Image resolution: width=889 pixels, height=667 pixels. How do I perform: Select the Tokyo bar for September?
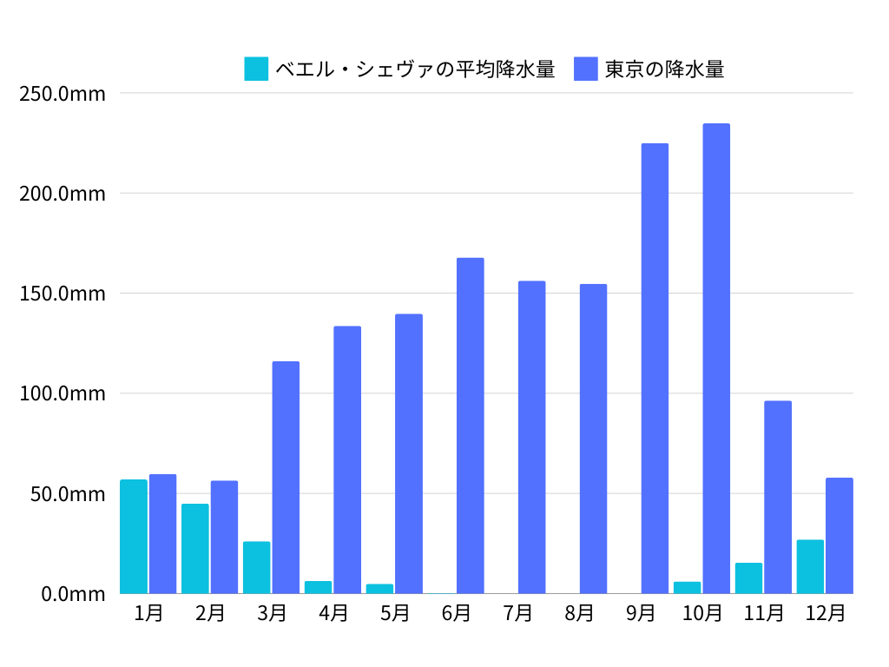(x=655, y=368)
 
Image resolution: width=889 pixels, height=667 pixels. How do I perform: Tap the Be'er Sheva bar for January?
(x=134, y=537)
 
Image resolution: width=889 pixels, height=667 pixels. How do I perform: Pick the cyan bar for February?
(x=195, y=549)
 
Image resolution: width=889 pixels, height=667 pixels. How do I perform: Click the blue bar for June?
(x=470, y=426)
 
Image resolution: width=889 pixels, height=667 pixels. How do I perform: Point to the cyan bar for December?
(x=810, y=566)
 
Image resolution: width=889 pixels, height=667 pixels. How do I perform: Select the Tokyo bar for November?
(x=778, y=497)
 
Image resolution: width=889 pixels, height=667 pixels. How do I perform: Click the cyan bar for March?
(x=257, y=567)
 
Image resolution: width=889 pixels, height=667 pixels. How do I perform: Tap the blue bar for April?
(x=347, y=459)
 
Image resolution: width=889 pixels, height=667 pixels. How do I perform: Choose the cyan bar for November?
(x=748, y=578)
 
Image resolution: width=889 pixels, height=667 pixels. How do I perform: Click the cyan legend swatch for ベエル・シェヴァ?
(x=257, y=69)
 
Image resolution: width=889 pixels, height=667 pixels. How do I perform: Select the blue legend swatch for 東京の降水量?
(x=586, y=69)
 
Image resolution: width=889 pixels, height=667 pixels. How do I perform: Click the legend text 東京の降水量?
(x=664, y=69)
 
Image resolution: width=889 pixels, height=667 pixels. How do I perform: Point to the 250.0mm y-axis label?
(x=62, y=93)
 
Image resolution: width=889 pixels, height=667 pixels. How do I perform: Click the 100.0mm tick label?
(x=62, y=393)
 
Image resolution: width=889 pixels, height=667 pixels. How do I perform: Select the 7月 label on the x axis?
(x=517, y=613)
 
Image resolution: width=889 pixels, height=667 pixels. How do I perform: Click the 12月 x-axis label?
(x=825, y=613)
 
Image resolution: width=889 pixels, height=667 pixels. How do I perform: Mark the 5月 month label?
(x=394, y=613)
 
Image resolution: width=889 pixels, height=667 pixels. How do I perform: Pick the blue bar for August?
(x=593, y=439)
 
